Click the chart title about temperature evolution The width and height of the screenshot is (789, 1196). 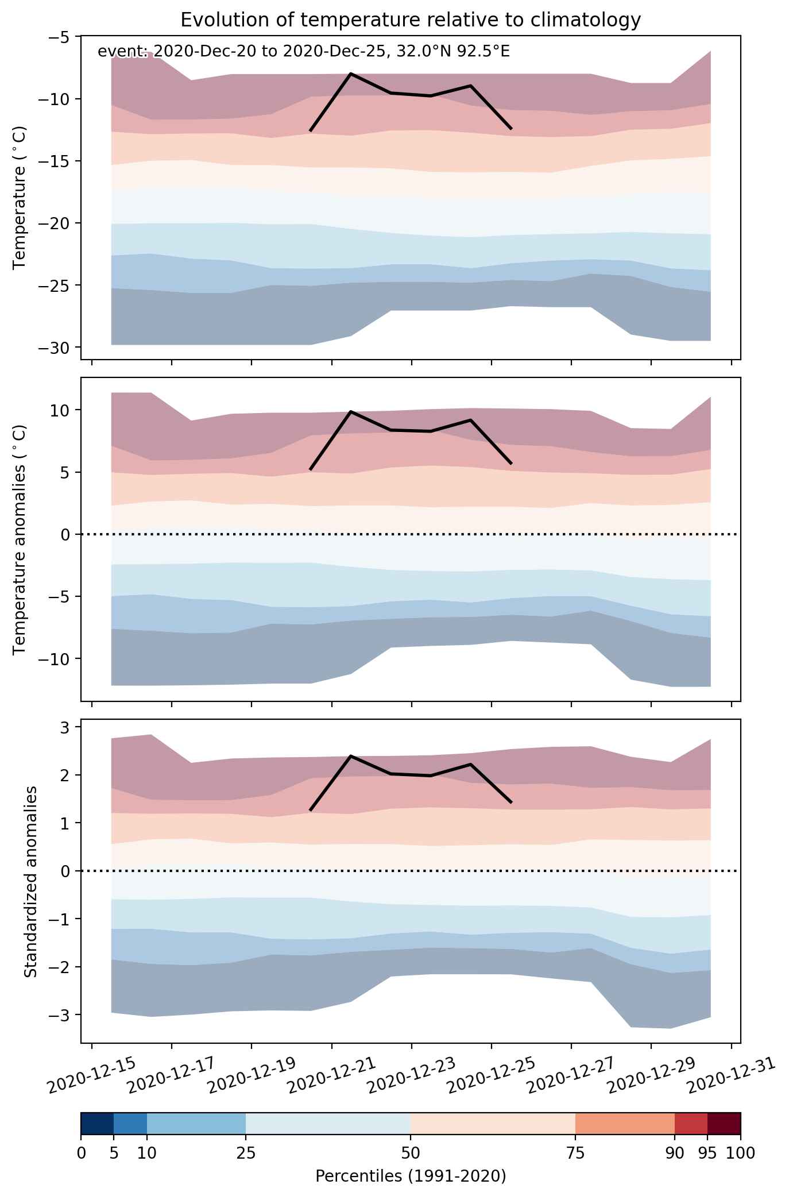pos(411,20)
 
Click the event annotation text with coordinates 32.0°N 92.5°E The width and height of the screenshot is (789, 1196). pos(304,52)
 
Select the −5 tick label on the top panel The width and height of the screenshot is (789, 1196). pos(62,37)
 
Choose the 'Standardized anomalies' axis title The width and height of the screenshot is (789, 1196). pos(31,881)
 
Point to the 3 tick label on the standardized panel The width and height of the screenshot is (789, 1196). pos(70,727)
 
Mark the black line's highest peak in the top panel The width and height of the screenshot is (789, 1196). pos(351,74)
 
